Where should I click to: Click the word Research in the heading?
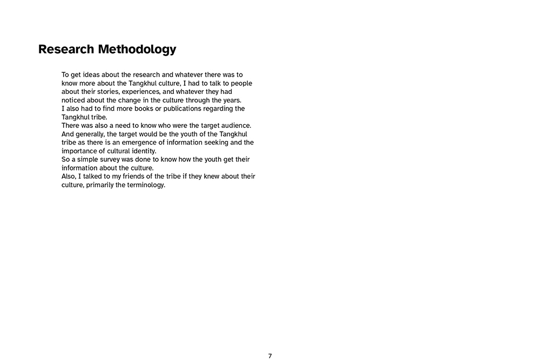[x=66, y=50]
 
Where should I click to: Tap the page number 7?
[x=270, y=356]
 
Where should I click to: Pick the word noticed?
[x=74, y=100]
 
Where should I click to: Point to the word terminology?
[x=145, y=185]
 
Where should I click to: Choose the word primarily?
[x=100, y=185]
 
